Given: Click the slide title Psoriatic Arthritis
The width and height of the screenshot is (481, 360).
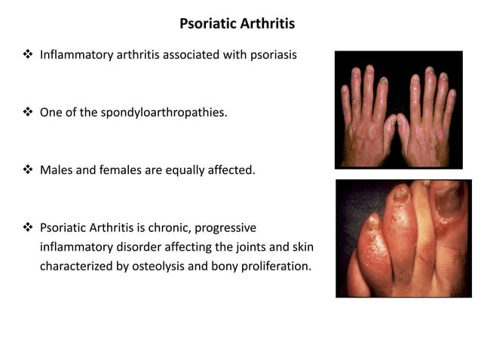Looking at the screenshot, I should pos(237,24).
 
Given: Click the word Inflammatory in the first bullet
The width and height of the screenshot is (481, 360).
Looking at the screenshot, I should pos(72,56).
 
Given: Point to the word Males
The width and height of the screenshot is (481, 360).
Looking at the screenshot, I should pos(55,170).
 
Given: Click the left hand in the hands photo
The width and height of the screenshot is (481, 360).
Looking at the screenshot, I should pos(366,121).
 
